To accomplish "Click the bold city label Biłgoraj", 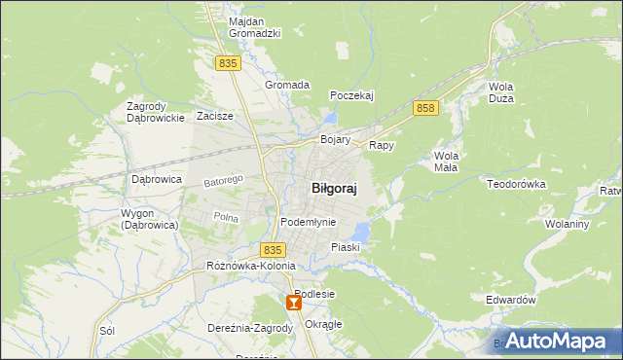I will coord(333,190).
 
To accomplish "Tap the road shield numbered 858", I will coord(423,108).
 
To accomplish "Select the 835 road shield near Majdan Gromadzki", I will coord(228,63).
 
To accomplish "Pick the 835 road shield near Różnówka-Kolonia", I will coord(274,250).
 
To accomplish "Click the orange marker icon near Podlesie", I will coord(294,304).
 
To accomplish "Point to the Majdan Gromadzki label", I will coord(254,26).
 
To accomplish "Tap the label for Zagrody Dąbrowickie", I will coord(156,112).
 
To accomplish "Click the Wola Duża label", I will coord(502,92).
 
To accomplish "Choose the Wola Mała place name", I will coord(447,162).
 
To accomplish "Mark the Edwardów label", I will coord(511,301).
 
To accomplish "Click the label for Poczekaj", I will coord(351,95).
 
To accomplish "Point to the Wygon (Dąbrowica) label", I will coord(149,219).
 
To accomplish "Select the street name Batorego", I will coord(222,181).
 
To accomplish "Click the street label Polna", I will coord(226,217).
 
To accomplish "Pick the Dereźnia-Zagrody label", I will coord(250,328).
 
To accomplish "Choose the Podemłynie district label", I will coord(308,222).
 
